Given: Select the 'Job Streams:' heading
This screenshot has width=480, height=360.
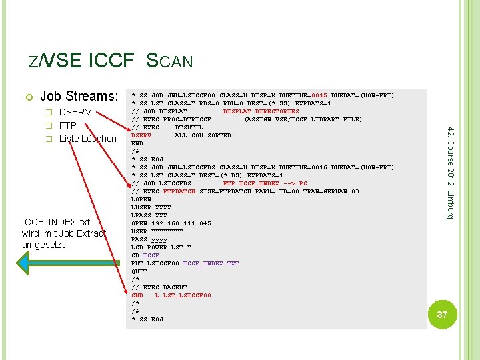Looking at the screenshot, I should pyautogui.click(x=79, y=97).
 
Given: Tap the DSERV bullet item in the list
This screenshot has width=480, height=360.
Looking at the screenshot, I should pyautogui.click(x=75, y=112).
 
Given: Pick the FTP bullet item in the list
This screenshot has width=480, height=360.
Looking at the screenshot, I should pyautogui.click(x=68, y=125).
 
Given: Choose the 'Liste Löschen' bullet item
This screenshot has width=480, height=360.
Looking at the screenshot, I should pyautogui.click(x=87, y=139).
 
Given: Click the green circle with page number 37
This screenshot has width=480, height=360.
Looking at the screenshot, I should pyautogui.click(x=442, y=314).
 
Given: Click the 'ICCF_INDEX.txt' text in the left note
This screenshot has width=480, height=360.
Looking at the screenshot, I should pyautogui.click(x=55, y=222).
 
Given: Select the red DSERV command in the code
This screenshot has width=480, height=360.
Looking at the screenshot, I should pyautogui.click(x=141, y=135).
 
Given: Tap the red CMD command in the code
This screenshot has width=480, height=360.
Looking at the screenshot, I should pyautogui.click(x=137, y=295).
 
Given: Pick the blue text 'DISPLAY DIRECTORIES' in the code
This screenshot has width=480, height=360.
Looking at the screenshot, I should pyautogui.click(x=261, y=111).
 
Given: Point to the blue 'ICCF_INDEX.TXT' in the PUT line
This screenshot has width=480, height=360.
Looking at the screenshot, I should pyautogui.click(x=211, y=263).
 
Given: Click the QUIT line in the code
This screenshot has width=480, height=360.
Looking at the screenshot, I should pyautogui.click(x=139, y=271).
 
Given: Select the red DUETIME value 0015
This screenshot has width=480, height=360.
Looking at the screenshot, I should pyautogui.click(x=301, y=95).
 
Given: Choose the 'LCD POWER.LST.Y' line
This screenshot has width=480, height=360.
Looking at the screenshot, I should pyautogui.click(x=161, y=247).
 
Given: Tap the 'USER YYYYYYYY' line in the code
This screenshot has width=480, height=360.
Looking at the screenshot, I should pyautogui.click(x=157, y=231).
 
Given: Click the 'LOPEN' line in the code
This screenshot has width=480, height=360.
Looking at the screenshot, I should pyautogui.click(x=141, y=199).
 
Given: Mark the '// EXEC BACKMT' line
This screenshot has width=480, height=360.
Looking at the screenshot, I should pyautogui.click(x=159, y=287).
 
